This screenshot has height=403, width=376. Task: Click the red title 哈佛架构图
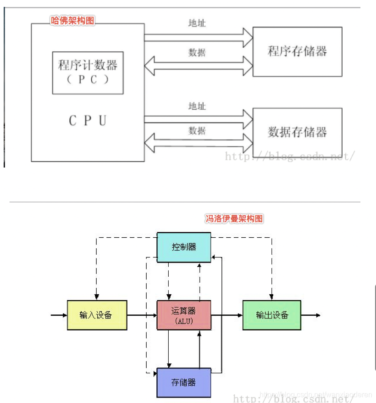(x=72, y=21)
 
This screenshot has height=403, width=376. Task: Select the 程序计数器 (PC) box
(x=88, y=73)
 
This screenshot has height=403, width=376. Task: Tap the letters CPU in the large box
(x=88, y=121)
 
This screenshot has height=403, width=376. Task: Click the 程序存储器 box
(x=297, y=51)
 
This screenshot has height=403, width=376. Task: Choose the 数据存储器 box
(x=297, y=133)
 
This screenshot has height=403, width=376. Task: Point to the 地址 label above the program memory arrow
(x=197, y=23)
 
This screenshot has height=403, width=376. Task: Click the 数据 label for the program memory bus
(x=197, y=53)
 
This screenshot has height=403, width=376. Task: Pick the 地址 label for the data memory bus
(x=197, y=106)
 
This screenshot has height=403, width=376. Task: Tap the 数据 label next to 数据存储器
(x=197, y=131)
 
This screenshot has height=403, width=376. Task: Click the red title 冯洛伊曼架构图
(x=234, y=219)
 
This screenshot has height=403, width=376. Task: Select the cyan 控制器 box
(x=184, y=247)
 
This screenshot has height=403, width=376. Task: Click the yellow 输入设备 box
(x=97, y=315)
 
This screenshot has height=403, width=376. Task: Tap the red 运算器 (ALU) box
(x=184, y=315)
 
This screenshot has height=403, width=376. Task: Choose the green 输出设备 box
(x=271, y=315)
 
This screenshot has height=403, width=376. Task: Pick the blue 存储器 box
(x=184, y=382)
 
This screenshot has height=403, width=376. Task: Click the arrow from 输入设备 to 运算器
(x=142, y=315)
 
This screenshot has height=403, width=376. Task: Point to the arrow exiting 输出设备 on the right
(x=310, y=315)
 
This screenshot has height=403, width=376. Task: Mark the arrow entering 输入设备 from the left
(x=59, y=315)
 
